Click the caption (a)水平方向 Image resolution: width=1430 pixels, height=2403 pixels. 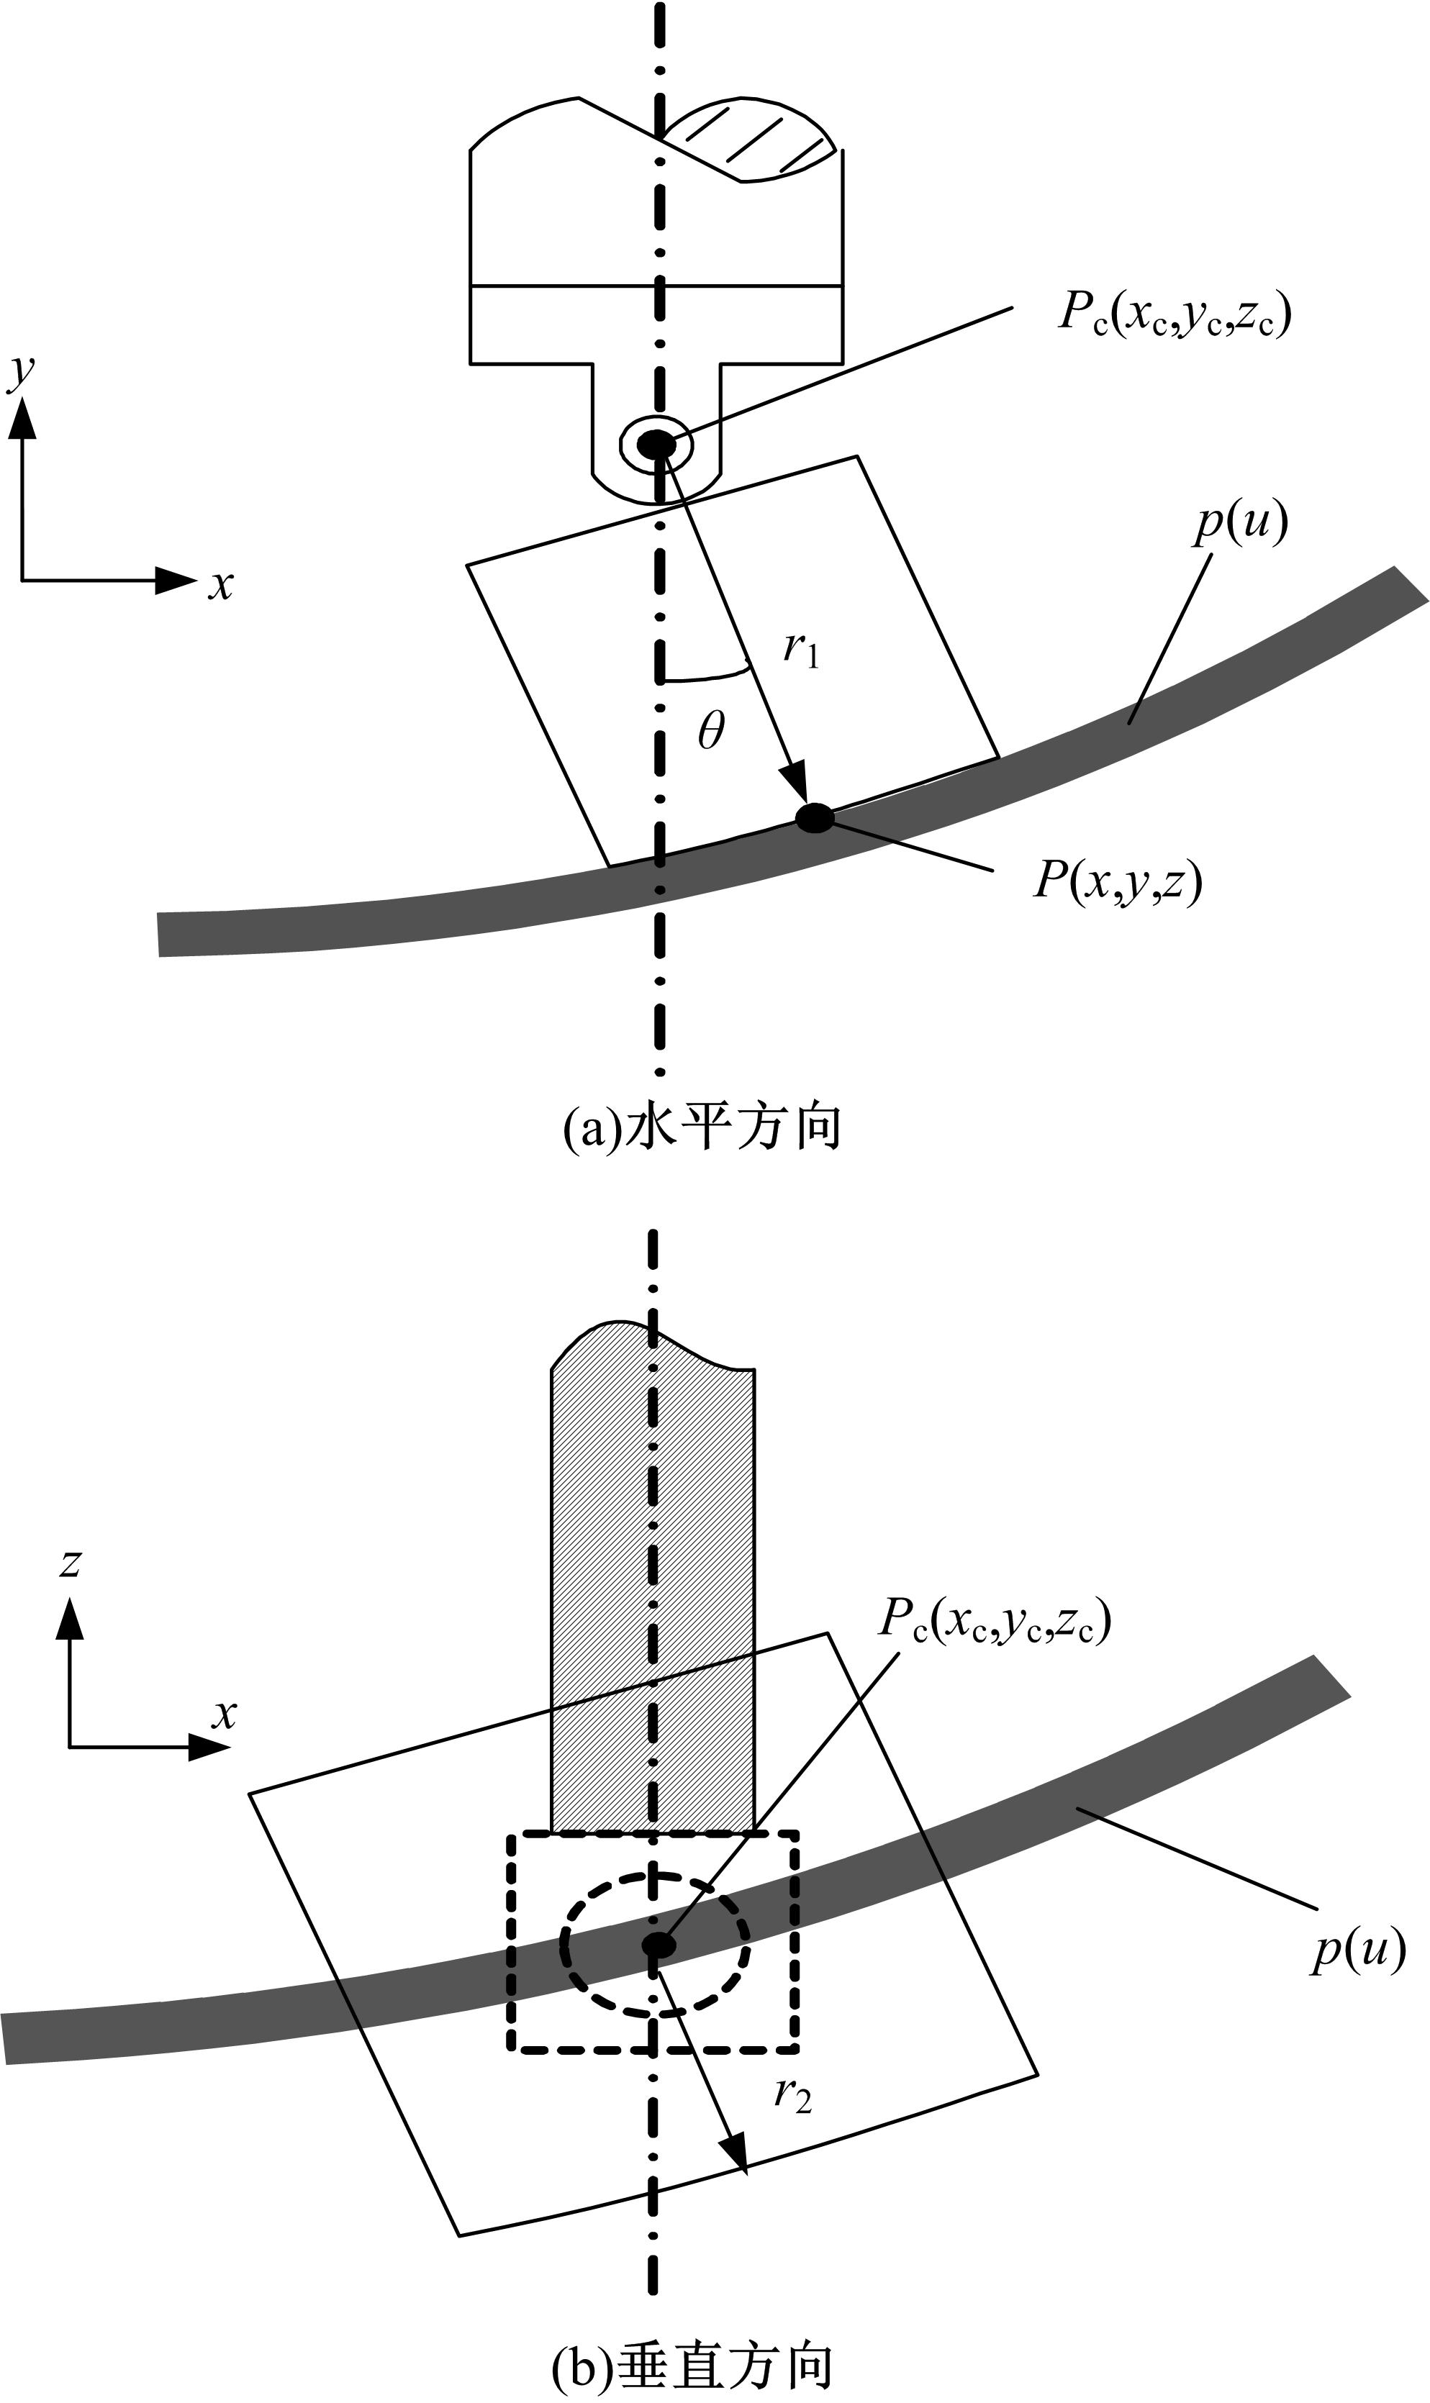[702, 1127]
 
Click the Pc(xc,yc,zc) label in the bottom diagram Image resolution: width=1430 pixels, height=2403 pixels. [995, 1621]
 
